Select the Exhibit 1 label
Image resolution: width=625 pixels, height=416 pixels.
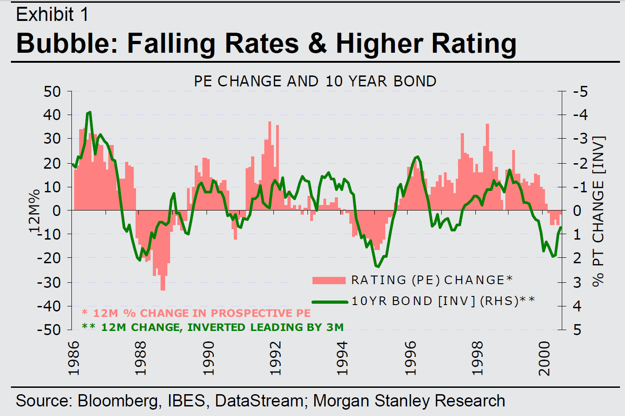pyautogui.click(x=52, y=15)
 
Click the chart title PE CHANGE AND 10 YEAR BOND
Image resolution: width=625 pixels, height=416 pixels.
pyautogui.click(x=315, y=81)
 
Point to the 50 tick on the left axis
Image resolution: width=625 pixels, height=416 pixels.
pyautogui.click(x=52, y=92)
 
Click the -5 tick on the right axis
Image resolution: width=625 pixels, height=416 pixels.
pyautogui.click(x=580, y=92)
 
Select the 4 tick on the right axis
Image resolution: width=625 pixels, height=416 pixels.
pyautogui.click(x=577, y=306)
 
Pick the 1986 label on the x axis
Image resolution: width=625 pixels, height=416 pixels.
pyautogui.click(x=74, y=359)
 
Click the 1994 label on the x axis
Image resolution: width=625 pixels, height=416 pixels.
pyautogui.click(x=343, y=359)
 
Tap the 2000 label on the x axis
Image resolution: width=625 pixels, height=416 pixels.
pyautogui.click(x=544, y=359)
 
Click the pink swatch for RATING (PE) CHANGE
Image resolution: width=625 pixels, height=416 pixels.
pyautogui.click(x=329, y=280)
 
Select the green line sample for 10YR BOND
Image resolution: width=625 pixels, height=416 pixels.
pyautogui.click(x=330, y=301)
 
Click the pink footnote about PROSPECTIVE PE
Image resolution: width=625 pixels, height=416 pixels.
pyautogui.click(x=197, y=313)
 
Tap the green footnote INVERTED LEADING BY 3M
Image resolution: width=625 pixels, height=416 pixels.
pyautogui.click(x=213, y=327)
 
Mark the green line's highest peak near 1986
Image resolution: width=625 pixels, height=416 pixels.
pyautogui.click(x=90, y=112)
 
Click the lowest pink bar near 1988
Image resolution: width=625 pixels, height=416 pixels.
pyautogui.click(x=163, y=287)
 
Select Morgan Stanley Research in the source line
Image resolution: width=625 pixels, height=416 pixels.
pyautogui.click(x=409, y=401)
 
